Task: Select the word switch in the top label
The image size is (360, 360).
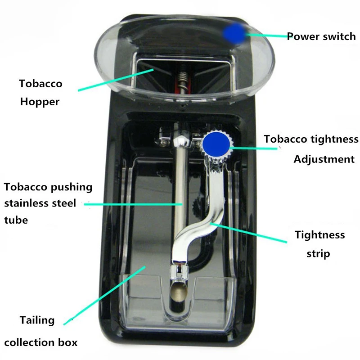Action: coord(339,36)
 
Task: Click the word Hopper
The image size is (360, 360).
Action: coord(40,102)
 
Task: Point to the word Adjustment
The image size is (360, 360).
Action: coord(324,159)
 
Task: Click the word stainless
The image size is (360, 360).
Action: coord(28,203)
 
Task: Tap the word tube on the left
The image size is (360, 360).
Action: coord(16,220)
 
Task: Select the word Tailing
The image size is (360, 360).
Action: coord(37,320)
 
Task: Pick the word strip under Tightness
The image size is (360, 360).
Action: coord(318,253)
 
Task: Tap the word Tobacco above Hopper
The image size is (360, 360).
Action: coord(40,84)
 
